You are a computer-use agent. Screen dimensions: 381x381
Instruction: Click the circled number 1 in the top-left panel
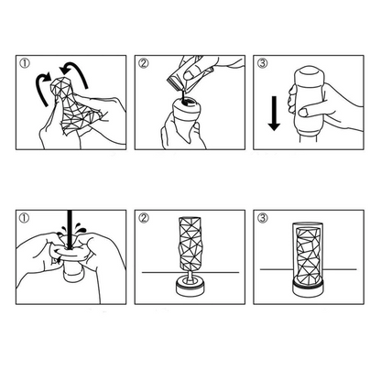[25, 64]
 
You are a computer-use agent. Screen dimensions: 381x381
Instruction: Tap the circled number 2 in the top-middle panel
[143, 64]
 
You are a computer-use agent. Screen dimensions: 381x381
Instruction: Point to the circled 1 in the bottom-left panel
[25, 220]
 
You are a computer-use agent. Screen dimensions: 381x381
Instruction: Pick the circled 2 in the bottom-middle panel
[143, 220]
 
